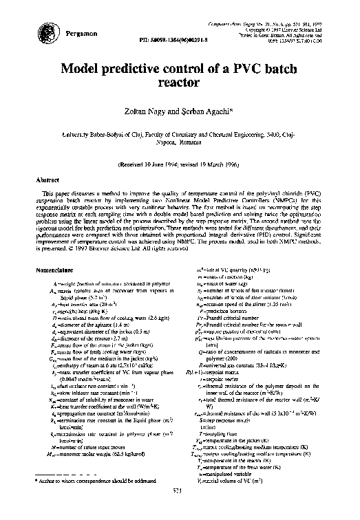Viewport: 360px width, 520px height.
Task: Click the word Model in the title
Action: [83, 69]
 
